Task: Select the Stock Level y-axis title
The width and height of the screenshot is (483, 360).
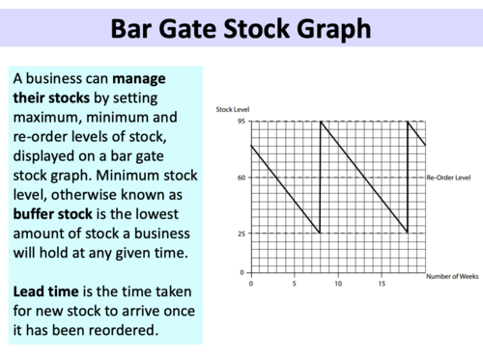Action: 234,111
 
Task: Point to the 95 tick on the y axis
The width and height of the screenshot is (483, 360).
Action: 240,121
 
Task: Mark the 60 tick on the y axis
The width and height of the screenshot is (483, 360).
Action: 240,178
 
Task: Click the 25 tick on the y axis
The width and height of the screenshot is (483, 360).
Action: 240,233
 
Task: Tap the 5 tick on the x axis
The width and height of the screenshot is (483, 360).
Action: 294,283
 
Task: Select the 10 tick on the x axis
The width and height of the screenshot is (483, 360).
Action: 338,283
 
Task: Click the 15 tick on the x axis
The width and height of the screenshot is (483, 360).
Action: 382,283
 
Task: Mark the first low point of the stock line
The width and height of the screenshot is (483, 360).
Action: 320,233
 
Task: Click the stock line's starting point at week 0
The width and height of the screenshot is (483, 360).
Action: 250,145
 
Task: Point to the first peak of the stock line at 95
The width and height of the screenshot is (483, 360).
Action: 321,121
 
